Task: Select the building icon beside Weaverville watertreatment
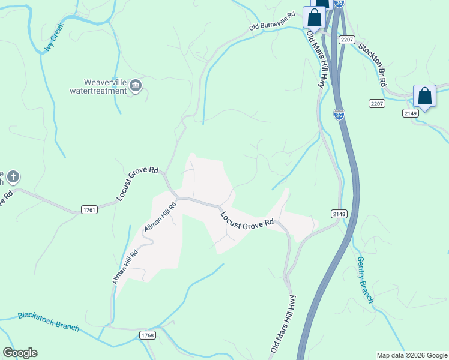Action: [136, 87]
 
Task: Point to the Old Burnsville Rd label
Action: [274, 21]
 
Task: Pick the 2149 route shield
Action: [411, 113]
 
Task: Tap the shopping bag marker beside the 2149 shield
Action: [424, 97]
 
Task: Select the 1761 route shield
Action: [89, 209]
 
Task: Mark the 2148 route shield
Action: [339, 214]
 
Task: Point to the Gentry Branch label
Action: [365, 280]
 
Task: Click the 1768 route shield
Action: [147, 334]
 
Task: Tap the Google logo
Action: [20, 353]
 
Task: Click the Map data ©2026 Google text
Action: [411, 355]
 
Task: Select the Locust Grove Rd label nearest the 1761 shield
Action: [137, 184]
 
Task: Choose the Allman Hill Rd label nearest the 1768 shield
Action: [125, 266]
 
